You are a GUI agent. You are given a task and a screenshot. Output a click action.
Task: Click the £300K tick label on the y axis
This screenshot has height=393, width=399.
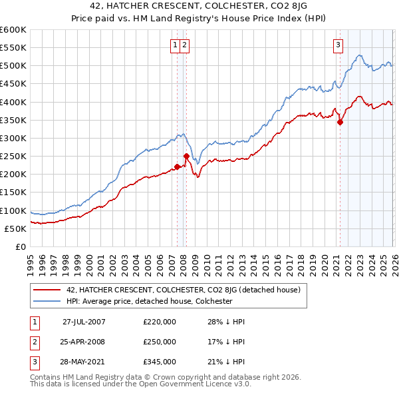[x=13, y=138]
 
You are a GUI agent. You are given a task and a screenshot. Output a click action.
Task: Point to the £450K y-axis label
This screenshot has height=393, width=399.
[x=13, y=84]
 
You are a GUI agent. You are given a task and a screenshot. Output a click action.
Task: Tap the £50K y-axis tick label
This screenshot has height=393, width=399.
[x=15, y=228]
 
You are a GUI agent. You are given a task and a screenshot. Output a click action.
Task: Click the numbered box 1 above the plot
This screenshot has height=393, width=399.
[x=175, y=45]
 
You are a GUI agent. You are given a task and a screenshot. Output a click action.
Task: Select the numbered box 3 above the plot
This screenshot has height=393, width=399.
[x=338, y=45]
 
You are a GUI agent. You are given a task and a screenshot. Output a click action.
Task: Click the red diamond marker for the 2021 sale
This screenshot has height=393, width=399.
[x=340, y=122]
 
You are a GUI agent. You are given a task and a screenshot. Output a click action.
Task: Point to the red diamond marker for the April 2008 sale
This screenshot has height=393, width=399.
[x=186, y=157]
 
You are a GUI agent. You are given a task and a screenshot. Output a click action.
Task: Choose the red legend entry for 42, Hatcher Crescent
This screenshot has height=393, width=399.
[x=184, y=290]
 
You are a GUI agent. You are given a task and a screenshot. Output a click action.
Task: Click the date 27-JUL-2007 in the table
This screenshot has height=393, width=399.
[x=84, y=321]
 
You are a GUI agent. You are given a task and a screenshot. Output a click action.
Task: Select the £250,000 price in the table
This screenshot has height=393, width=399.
[x=160, y=342]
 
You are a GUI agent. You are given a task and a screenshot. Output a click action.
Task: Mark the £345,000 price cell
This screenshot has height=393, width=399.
[x=160, y=362]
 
